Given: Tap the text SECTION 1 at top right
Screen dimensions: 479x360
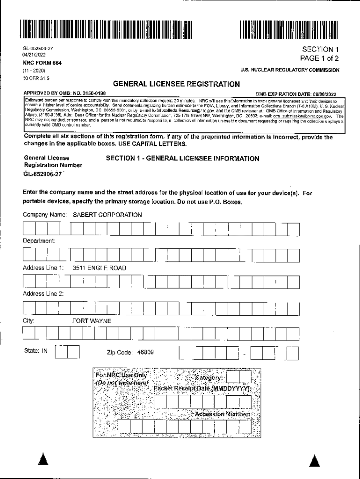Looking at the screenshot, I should coord(320,49).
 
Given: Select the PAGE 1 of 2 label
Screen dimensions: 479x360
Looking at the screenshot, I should coord(320,58).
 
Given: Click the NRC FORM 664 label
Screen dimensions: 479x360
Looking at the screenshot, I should coord(42,63).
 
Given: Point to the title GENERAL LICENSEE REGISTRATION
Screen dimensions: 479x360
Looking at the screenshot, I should coord(176,85).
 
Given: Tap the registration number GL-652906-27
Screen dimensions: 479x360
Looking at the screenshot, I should coord(43,174).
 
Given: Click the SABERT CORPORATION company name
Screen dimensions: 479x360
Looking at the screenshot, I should coord(107,215).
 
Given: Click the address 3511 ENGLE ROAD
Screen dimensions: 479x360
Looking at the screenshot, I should coord(99,268).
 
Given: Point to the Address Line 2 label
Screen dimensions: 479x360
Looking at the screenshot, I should coord(43,294).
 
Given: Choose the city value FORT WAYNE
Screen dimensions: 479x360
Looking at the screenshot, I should coord(91,321).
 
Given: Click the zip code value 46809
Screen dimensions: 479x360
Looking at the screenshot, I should coord(145,352).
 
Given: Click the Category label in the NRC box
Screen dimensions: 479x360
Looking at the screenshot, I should coord(209,377).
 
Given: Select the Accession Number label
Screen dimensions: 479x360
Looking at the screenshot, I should coord(222,414).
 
